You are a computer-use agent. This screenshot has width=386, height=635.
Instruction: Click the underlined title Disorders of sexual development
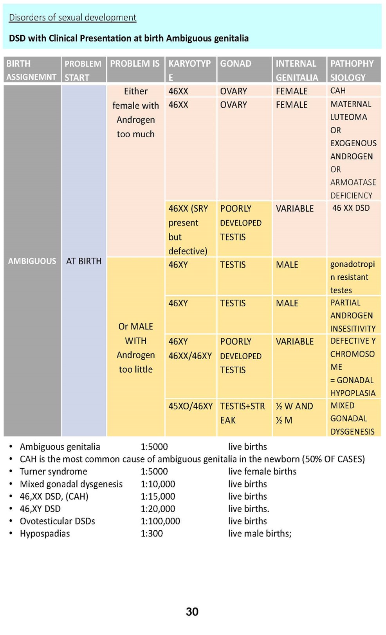click(72, 17)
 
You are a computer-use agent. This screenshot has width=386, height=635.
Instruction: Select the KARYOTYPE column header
click(190, 70)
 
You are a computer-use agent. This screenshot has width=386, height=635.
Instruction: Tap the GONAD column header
click(236, 64)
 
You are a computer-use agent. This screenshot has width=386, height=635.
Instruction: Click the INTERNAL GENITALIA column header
click(296, 70)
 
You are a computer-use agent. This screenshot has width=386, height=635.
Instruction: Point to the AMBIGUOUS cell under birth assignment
click(32, 261)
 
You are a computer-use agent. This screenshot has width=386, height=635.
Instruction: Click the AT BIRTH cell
click(84, 261)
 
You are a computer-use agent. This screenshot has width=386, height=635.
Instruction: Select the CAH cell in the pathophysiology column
click(338, 91)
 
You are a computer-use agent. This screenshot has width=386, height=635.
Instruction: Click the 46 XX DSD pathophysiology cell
click(351, 208)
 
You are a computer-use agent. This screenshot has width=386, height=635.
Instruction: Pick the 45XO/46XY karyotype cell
click(190, 406)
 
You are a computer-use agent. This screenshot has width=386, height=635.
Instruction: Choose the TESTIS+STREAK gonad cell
click(242, 413)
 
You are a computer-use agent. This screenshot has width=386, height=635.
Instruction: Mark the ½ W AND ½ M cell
click(294, 413)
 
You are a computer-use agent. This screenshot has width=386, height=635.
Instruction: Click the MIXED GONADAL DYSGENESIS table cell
click(352, 418)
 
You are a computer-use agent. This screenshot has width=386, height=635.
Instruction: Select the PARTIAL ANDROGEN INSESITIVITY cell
click(353, 315)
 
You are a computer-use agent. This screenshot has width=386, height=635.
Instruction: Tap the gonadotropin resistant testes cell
click(352, 277)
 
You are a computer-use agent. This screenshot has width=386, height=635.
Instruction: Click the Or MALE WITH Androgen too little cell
click(135, 348)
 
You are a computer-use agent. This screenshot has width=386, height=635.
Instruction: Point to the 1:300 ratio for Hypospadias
click(152, 533)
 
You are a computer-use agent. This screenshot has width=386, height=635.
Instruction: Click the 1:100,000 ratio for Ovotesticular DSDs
click(160, 521)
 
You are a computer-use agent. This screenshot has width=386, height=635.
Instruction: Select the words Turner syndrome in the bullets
click(54, 471)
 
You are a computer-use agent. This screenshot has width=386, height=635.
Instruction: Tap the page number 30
click(192, 611)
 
